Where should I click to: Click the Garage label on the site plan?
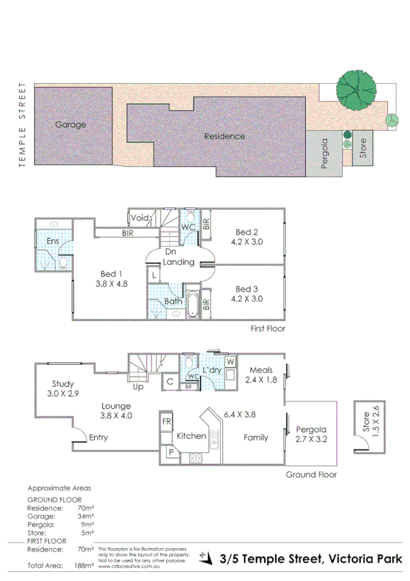coord(71,125)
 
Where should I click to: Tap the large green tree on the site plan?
coord(359,88)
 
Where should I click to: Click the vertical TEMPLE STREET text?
coord(22,125)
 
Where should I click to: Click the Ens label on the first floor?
coord(52,241)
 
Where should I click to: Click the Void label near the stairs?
coord(140,218)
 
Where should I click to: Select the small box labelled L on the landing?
coord(154,275)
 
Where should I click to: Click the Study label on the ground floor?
coord(63,384)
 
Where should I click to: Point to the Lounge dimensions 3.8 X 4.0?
coord(116,416)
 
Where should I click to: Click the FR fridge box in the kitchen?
coord(166,421)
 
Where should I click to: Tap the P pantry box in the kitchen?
coord(167,453)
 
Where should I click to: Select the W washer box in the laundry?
coord(230,361)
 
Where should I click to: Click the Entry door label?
coord(99,438)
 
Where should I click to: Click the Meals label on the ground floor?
coord(261,370)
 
